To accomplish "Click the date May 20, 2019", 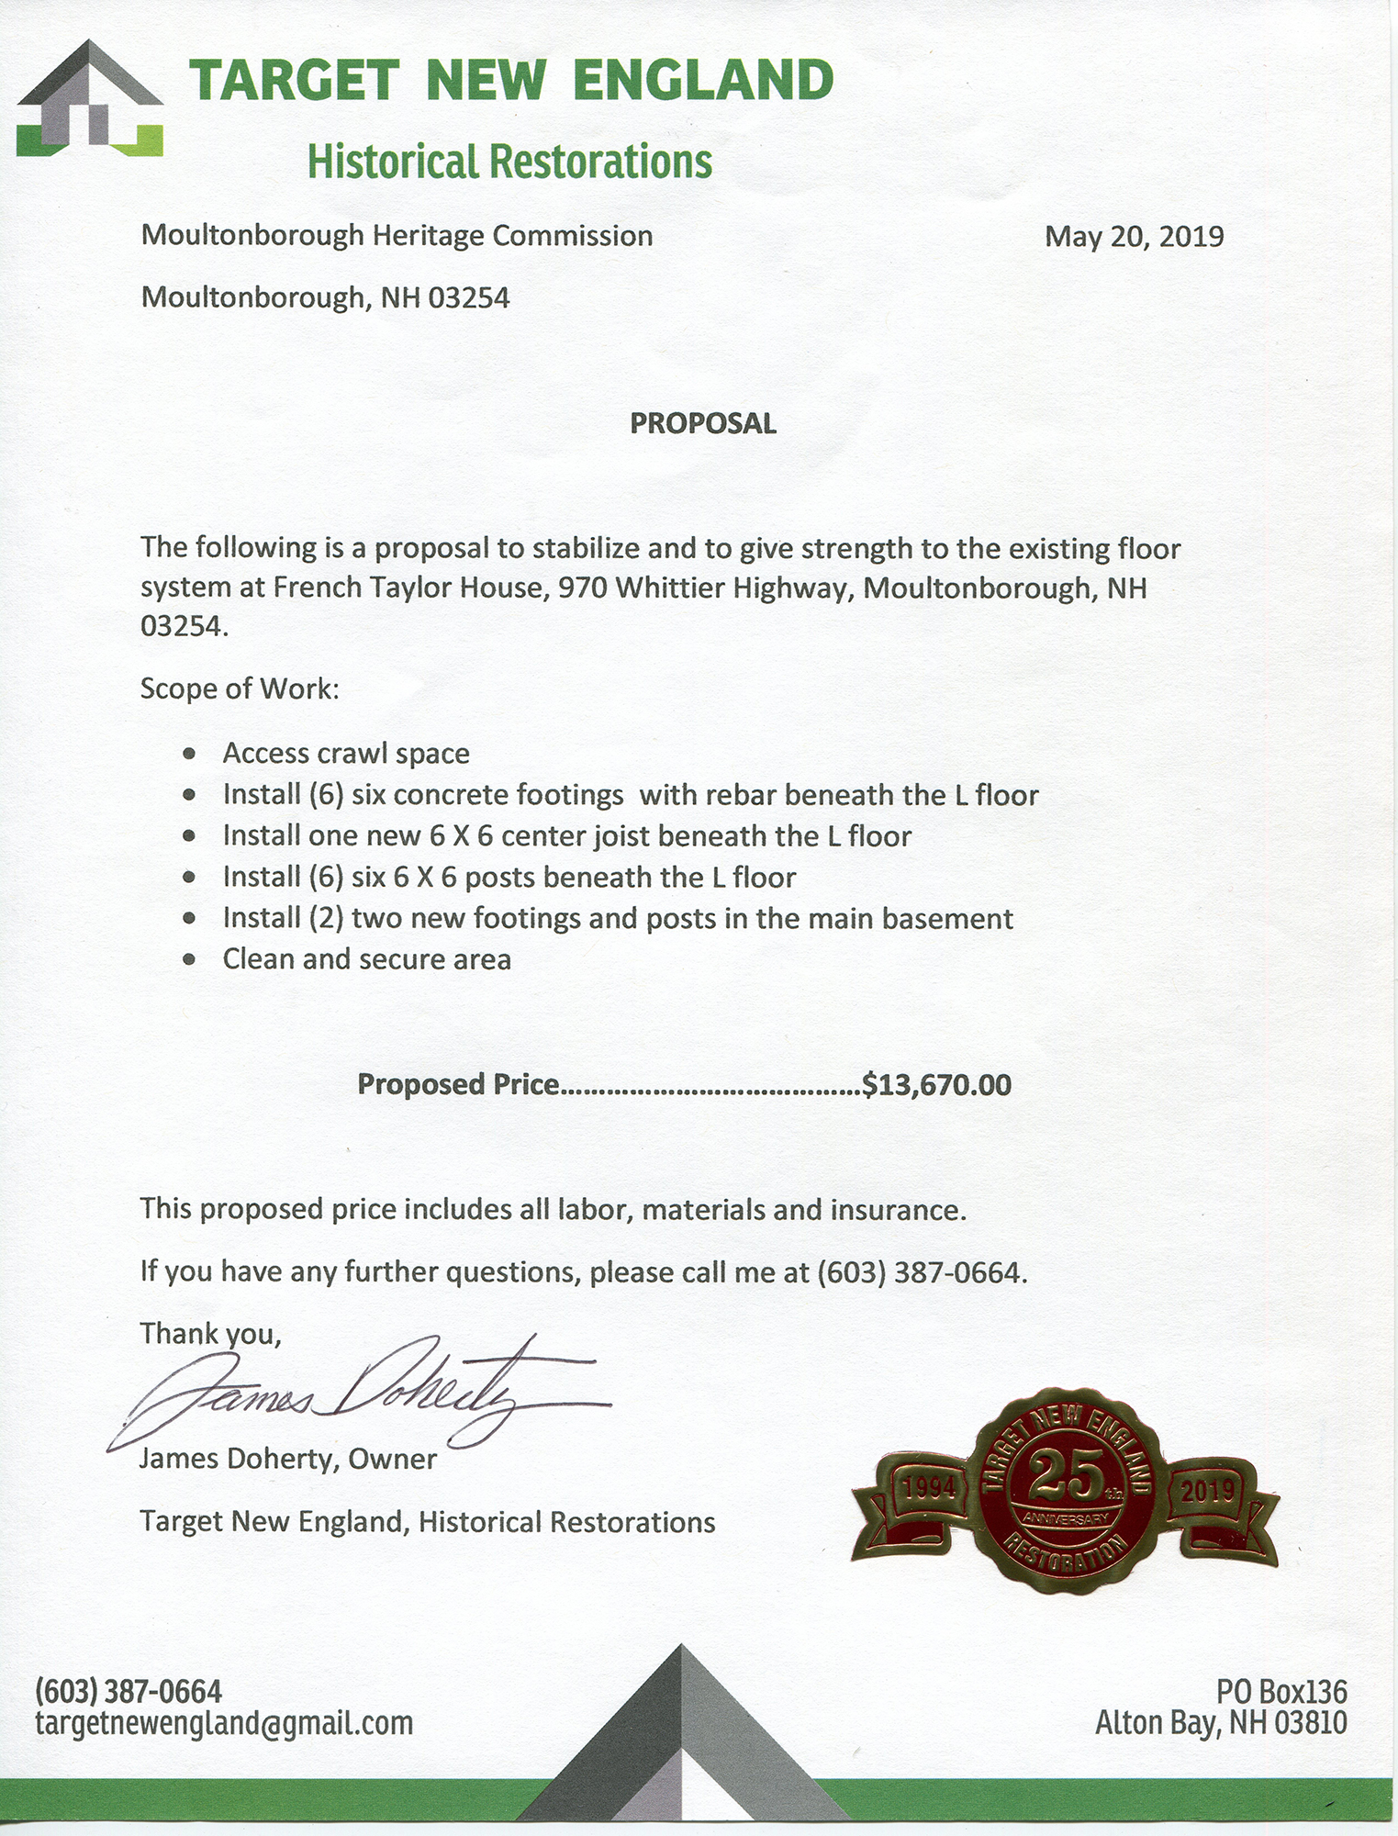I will [1134, 237].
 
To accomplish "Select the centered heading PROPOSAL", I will [703, 423].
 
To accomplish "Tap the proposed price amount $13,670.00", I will [936, 1085].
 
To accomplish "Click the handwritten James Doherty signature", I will [358, 1395].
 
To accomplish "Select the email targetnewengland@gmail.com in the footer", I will [224, 1723].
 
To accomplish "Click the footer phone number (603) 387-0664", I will [129, 1690].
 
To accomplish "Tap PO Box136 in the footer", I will [1281, 1690].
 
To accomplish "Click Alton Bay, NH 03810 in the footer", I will [1221, 1723].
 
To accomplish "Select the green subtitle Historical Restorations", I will [509, 162].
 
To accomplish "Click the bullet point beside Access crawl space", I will [189, 754].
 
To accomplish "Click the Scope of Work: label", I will [240, 688].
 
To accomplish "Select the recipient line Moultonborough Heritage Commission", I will [397, 236].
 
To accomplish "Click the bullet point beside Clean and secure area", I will [189, 960].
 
